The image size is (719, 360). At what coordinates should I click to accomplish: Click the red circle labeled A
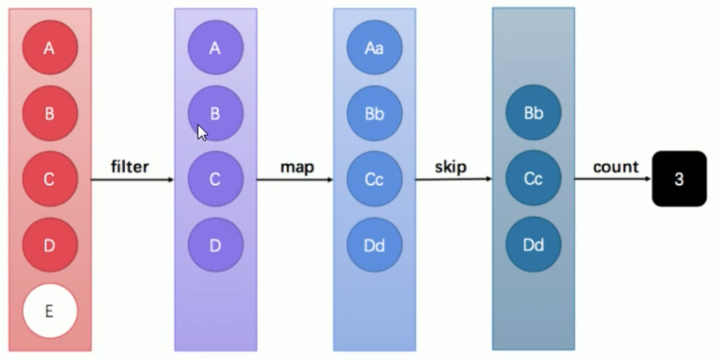click(x=50, y=47)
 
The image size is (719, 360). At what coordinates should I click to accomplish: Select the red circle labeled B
click(x=50, y=113)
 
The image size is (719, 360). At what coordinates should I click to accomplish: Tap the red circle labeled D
click(x=50, y=245)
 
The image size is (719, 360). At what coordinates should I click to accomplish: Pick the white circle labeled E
click(x=50, y=311)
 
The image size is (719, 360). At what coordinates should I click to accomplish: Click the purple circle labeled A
click(x=215, y=47)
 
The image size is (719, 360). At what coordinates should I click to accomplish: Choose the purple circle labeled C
click(x=215, y=179)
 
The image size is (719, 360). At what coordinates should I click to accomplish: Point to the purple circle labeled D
click(x=215, y=245)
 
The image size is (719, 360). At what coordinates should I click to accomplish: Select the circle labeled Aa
click(x=374, y=47)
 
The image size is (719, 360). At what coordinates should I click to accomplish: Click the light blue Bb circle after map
click(x=374, y=113)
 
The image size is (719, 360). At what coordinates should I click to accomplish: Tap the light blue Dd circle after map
click(x=374, y=245)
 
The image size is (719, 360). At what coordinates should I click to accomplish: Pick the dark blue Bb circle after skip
click(x=533, y=112)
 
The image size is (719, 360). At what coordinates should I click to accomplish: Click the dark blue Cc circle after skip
click(x=533, y=178)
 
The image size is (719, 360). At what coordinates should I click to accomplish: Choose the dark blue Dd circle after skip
click(x=533, y=245)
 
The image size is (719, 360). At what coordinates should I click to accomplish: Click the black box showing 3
click(x=679, y=178)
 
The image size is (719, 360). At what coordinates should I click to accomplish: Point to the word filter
click(x=130, y=166)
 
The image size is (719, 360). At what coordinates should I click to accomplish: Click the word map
click(x=297, y=167)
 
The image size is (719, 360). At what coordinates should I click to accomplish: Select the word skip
click(x=451, y=167)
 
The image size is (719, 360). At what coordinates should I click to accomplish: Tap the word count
click(x=616, y=167)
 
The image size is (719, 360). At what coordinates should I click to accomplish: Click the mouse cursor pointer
click(x=203, y=133)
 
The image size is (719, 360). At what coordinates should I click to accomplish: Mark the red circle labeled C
click(x=50, y=179)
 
